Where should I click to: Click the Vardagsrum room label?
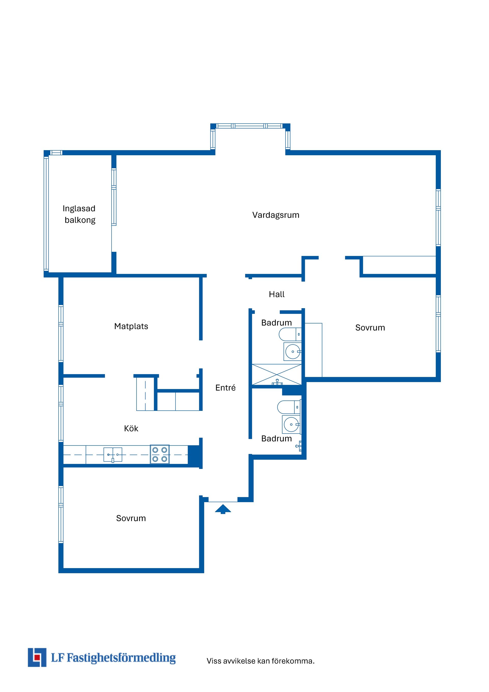click(x=276, y=215)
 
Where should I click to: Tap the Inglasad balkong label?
click(x=79, y=214)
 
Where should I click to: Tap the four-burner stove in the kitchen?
click(x=160, y=454)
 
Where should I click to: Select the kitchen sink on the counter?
click(x=113, y=455)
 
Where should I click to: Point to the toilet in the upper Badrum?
click(x=290, y=334)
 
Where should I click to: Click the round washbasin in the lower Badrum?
click(x=291, y=424)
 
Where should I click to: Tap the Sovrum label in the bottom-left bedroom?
click(x=131, y=518)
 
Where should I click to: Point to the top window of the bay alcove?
click(x=250, y=126)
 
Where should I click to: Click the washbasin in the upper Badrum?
click(x=292, y=352)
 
